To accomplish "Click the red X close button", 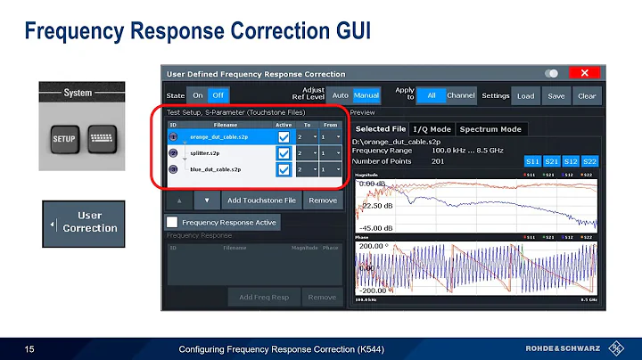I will [x=584, y=73].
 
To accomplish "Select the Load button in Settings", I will [x=526, y=95].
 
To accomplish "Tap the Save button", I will [x=556, y=95].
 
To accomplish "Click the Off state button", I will [x=218, y=95].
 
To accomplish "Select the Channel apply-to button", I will [x=461, y=95].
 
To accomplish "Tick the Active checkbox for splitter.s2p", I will [x=284, y=153].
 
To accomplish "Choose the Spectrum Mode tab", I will [x=490, y=129].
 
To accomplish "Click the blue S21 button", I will [x=552, y=160].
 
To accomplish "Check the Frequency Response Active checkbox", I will [x=173, y=221].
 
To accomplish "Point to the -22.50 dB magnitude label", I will [x=376, y=205].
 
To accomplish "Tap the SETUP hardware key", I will [x=63, y=139].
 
